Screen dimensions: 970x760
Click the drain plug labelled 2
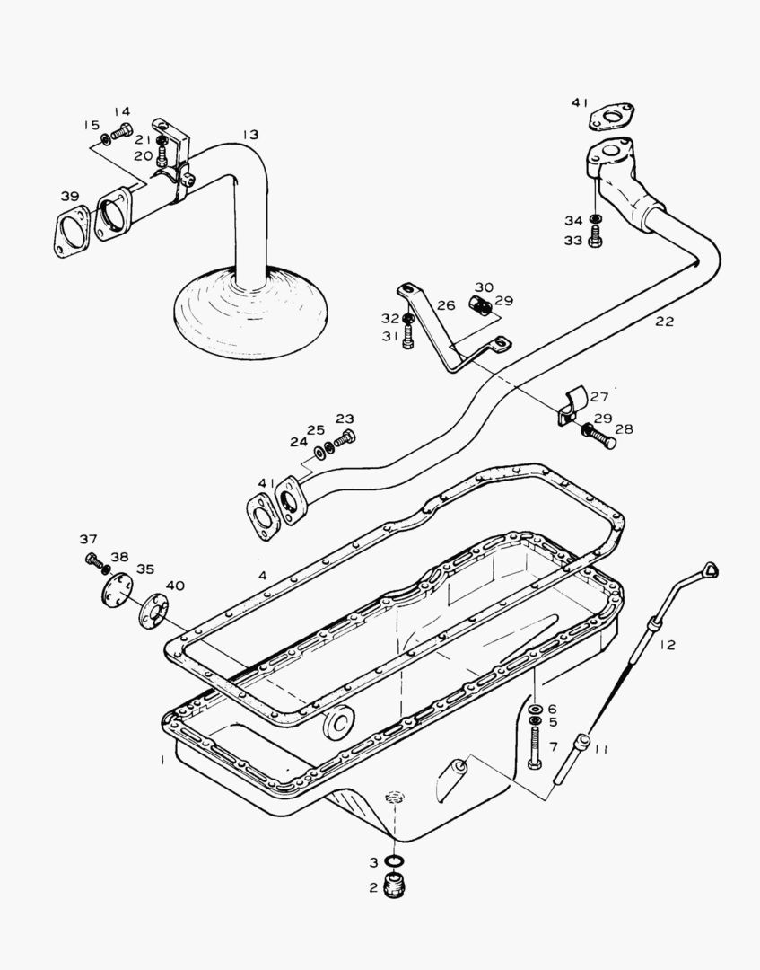tap(393, 888)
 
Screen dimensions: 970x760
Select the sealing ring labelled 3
tap(393, 862)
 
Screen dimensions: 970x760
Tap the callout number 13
tap(249, 135)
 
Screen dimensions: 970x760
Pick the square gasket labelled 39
tap(72, 232)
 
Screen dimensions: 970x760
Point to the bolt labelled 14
tap(121, 131)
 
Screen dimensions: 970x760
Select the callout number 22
tap(664, 322)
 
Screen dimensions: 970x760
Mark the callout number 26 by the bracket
tap(446, 306)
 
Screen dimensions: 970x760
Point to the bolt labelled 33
tap(596, 240)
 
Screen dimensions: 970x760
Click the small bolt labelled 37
tap(92, 560)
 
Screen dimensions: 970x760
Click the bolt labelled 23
tap(345, 439)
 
